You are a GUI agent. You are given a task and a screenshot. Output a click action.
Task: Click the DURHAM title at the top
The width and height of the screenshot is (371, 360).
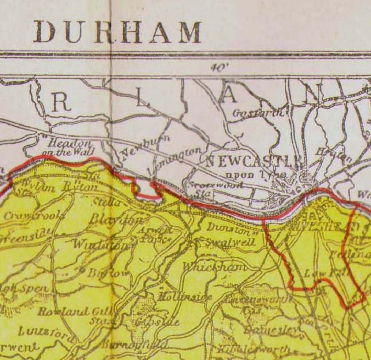pyautogui.click(x=117, y=32)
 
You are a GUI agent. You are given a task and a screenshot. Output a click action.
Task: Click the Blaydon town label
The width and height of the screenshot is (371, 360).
pyautogui.click(x=115, y=220)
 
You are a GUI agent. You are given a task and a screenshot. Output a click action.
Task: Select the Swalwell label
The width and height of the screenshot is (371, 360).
pyautogui.click(x=230, y=242)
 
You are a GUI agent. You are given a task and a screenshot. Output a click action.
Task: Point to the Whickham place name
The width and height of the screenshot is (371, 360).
pyautogui.click(x=214, y=266)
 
